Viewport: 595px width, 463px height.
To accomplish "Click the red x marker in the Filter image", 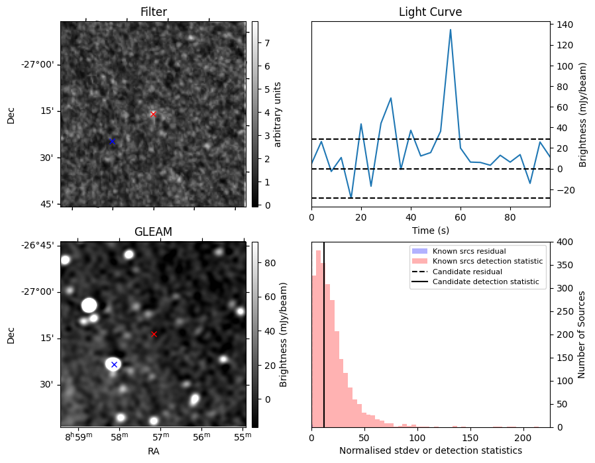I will pos(153,114).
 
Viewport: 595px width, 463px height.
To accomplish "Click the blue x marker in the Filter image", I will pos(112,141).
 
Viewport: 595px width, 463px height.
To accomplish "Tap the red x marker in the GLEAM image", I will pos(154,334).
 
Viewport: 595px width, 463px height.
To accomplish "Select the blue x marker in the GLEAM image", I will pos(114,364).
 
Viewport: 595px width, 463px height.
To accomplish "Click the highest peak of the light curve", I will pos(451,30).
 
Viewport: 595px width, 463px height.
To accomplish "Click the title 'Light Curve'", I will pos(430,12).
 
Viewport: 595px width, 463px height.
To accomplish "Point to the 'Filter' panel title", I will pos(154,12).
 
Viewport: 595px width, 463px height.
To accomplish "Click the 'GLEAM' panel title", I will pos(153,232).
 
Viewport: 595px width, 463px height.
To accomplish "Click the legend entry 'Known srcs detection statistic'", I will pos(488,262).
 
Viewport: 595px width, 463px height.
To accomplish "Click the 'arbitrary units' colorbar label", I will pos(278,114).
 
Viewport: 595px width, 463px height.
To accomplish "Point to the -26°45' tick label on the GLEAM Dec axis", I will pos(40,245).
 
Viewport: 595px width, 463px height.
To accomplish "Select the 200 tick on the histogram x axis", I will pos(523,438).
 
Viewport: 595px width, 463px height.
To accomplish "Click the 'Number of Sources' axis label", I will pos(582,334).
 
